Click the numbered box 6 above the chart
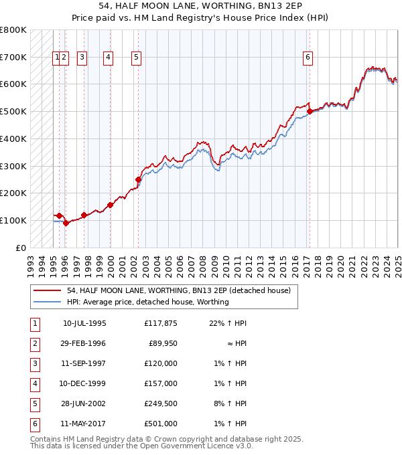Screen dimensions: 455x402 pos(308,58)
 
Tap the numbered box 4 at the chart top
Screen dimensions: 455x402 pos(107,58)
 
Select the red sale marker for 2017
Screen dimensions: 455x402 pos(309,112)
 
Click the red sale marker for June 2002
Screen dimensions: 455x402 pos(138,179)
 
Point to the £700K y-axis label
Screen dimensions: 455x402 pos(13,58)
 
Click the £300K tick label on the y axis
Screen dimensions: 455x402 pos(13,166)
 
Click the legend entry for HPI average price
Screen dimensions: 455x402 pos(147,302)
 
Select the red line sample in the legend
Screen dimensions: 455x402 pos(47,291)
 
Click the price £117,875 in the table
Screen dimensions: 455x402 pos(161,323)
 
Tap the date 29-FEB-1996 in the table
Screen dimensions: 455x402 pos(84,343)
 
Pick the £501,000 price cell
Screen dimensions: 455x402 pos(161,424)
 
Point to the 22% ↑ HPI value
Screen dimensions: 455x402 pos(228,323)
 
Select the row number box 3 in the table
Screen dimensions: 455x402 pos(34,363)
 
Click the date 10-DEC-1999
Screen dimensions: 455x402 pos(84,383)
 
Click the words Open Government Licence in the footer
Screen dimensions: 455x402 pos(192,446)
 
